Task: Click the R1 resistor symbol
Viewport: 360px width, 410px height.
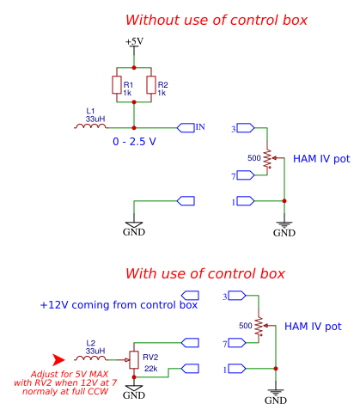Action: tap(117, 85)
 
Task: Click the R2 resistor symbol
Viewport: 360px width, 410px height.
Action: tap(151, 85)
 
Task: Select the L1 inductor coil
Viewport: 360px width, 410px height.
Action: tap(90, 126)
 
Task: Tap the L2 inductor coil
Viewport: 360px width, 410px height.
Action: tap(90, 358)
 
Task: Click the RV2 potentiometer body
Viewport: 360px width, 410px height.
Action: tap(134, 359)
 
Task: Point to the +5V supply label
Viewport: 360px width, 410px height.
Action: tap(134, 41)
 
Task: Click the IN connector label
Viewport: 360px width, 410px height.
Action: tap(200, 127)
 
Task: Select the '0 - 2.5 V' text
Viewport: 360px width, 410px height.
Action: tap(134, 142)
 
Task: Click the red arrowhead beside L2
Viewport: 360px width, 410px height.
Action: tap(58, 359)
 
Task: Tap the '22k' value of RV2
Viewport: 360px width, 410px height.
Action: tap(150, 369)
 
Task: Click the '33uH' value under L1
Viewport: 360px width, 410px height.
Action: tap(95, 119)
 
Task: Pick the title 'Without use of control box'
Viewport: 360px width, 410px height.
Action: tap(217, 20)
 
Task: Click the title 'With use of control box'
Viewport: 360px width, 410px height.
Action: tap(205, 273)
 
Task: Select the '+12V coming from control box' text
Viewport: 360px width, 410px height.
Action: tap(119, 305)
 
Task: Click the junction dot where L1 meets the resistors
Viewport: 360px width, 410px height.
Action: tap(134, 128)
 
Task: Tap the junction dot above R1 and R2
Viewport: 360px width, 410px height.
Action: tap(134, 68)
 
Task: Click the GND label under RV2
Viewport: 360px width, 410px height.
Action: tap(134, 395)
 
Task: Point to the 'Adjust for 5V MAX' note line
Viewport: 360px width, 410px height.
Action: tap(70, 374)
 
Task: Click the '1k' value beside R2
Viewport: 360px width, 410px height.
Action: tap(162, 93)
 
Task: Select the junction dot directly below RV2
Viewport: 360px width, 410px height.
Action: tap(134, 377)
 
